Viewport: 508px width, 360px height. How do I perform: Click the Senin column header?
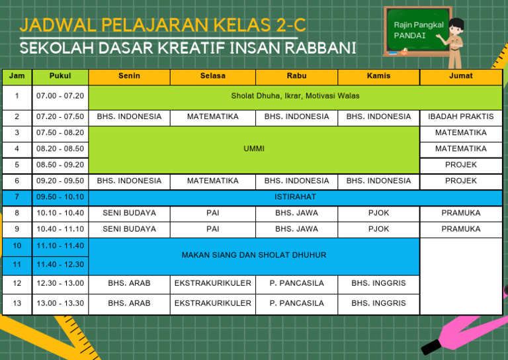click(129, 76)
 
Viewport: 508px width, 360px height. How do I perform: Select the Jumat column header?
click(460, 76)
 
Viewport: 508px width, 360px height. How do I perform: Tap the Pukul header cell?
click(60, 76)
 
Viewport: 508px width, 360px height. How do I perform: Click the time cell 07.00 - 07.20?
click(60, 96)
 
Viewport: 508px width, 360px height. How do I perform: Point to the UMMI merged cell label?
click(254, 149)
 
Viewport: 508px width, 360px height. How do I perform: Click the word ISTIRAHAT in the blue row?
click(295, 197)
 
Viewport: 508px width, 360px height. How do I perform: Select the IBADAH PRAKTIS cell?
click(460, 117)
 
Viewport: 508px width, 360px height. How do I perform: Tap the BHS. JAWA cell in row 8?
click(296, 213)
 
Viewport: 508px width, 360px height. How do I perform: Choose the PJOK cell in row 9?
click(378, 229)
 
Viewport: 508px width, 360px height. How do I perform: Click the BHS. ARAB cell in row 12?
click(129, 283)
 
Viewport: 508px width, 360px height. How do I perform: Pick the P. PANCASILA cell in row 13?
click(296, 303)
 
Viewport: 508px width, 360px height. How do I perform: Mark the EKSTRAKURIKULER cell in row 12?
click(212, 283)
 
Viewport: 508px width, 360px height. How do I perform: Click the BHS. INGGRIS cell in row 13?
click(378, 303)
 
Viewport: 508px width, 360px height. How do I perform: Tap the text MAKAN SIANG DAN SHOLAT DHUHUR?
click(254, 255)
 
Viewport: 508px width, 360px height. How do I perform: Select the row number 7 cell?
click(17, 197)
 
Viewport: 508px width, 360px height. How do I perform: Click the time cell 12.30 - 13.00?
click(60, 283)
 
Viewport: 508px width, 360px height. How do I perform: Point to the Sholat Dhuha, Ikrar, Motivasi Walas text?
click(295, 96)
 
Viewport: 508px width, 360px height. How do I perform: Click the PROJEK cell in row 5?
click(460, 165)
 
